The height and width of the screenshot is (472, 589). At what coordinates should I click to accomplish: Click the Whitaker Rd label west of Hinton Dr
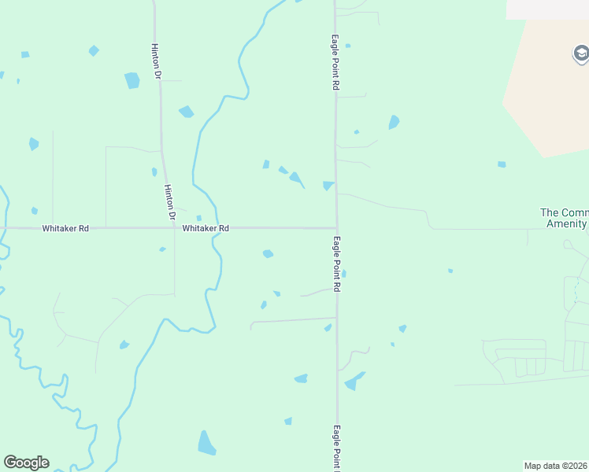point(65,228)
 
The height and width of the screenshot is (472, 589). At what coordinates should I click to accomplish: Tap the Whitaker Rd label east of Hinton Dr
point(206,228)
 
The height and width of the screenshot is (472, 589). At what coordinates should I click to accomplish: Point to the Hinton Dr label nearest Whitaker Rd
point(169,202)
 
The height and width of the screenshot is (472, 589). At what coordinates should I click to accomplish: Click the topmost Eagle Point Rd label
point(335,62)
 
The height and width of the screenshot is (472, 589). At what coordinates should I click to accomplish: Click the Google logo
point(26,463)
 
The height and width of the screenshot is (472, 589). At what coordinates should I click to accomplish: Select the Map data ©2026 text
point(556,466)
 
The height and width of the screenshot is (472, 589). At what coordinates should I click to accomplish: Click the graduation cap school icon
point(580,54)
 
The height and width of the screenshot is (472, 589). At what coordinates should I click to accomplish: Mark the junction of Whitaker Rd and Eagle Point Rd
point(337,228)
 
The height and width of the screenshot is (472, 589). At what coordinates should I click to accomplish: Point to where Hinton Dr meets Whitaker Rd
point(174,228)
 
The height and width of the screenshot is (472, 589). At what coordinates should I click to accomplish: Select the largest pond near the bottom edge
point(206,444)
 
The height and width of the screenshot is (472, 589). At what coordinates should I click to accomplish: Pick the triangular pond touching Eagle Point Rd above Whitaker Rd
point(328,186)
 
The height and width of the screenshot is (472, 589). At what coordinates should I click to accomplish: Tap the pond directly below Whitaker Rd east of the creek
point(268,253)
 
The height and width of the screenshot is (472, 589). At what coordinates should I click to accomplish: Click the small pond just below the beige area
point(502,164)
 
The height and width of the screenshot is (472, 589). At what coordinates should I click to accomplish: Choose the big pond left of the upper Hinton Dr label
point(132,80)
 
